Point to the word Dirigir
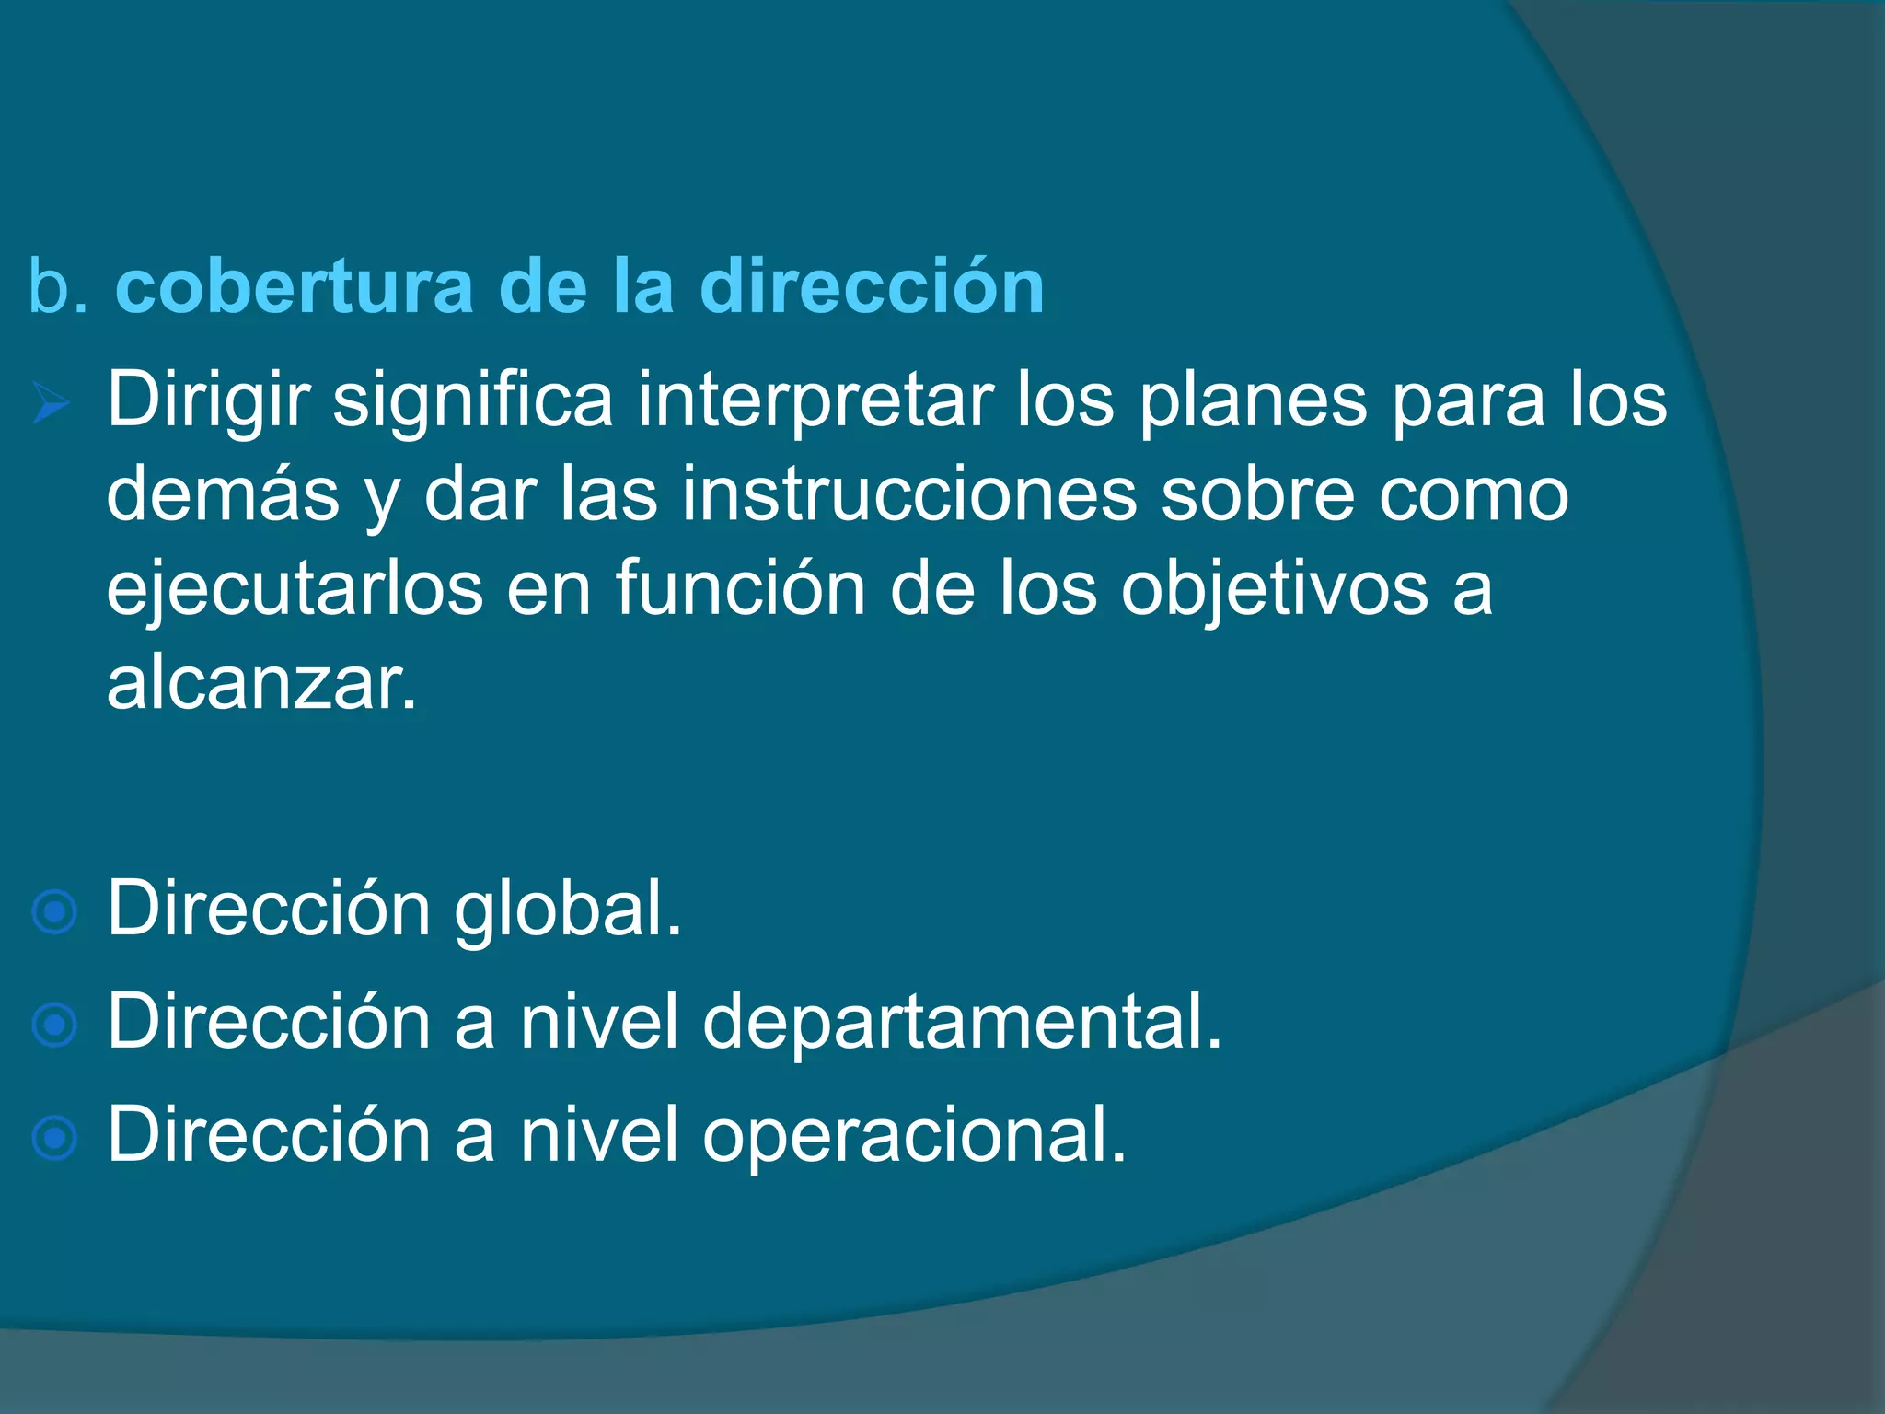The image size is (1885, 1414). click(x=208, y=401)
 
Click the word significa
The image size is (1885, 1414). click(x=472, y=401)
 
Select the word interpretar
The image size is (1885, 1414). click(x=815, y=401)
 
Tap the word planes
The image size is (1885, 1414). click(x=1253, y=401)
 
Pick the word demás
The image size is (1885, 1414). click(x=223, y=495)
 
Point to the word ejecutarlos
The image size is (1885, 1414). click(x=295, y=590)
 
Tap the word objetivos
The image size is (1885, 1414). click(x=1274, y=590)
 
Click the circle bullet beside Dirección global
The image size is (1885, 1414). click(x=54, y=912)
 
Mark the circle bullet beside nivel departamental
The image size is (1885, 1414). click(x=54, y=1025)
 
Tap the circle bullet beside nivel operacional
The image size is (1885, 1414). click(x=54, y=1138)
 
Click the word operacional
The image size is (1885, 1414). click(x=914, y=1137)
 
